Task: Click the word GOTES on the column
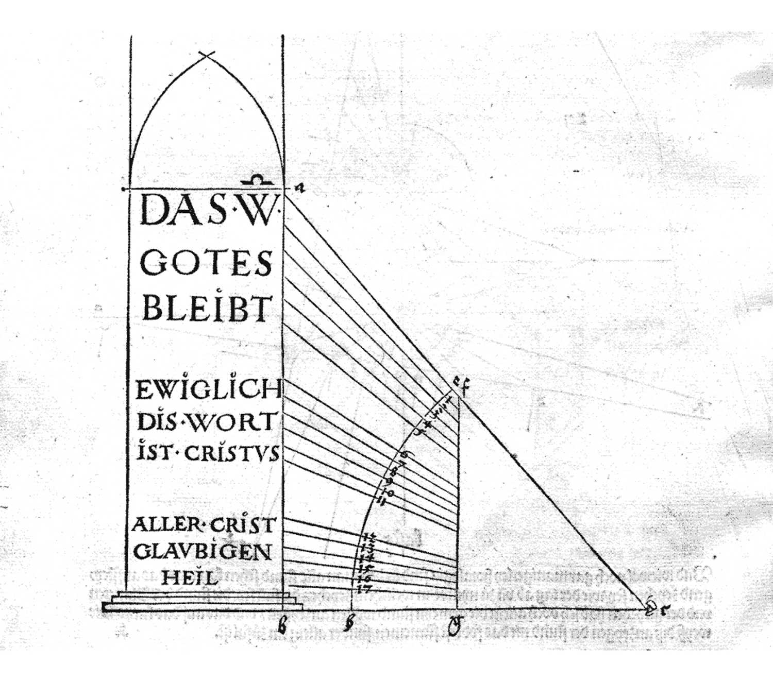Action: pyautogui.click(x=206, y=264)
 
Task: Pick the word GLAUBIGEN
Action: pyautogui.click(x=203, y=552)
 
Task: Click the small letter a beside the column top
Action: pyautogui.click(x=299, y=189)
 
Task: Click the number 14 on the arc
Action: pyautogui.click(x=366, y=558)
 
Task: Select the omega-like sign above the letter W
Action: pyautogui.click(x=258, y=180)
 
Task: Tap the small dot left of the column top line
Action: pyautogui.click(x=123, y=189)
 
